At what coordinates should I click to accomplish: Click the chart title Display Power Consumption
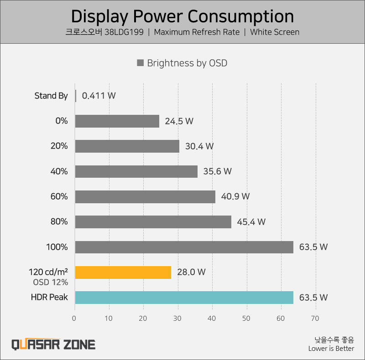pyautogui.click(x=182, y=16)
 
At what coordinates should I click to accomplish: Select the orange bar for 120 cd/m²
pyautogui.click(x=123, y=272)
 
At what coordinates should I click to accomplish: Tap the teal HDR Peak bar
pyautogui.click(x=184, y=298)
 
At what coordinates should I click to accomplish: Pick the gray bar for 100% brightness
pyautogui.click(x=184, y=247)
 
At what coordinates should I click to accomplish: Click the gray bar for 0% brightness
pyautogui.click(x=117, y=121)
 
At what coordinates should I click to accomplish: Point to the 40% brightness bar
pyautogui.click(x=136, y=171)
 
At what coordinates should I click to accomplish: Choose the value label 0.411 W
pyautogui.click(x=99, y=96)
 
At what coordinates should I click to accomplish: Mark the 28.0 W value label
pyautogui.click(x=191, y=272)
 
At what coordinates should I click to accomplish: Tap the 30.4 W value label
pyautogui.click(x=199, y=146)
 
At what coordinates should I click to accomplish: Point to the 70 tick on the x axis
pyautogui.click(x=315, y=319)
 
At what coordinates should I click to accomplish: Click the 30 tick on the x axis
pyautogui.click(x=177, y=319)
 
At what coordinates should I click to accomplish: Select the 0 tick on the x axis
pyautogui.click(x=75, y=319)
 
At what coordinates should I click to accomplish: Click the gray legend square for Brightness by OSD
pyautogui.click(x=140, y=63)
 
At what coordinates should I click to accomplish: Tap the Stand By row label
pyautogui.click(x=51, y=96)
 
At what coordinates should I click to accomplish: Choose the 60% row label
pyautogui.click(x=59, y=197)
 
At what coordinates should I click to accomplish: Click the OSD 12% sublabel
pyautogui.click(x=50, y=282)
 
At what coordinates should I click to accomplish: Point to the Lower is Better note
pyautogui.click(x=331, y=349)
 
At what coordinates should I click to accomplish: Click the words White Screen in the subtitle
pyautogui.click(x=275, y=32)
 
